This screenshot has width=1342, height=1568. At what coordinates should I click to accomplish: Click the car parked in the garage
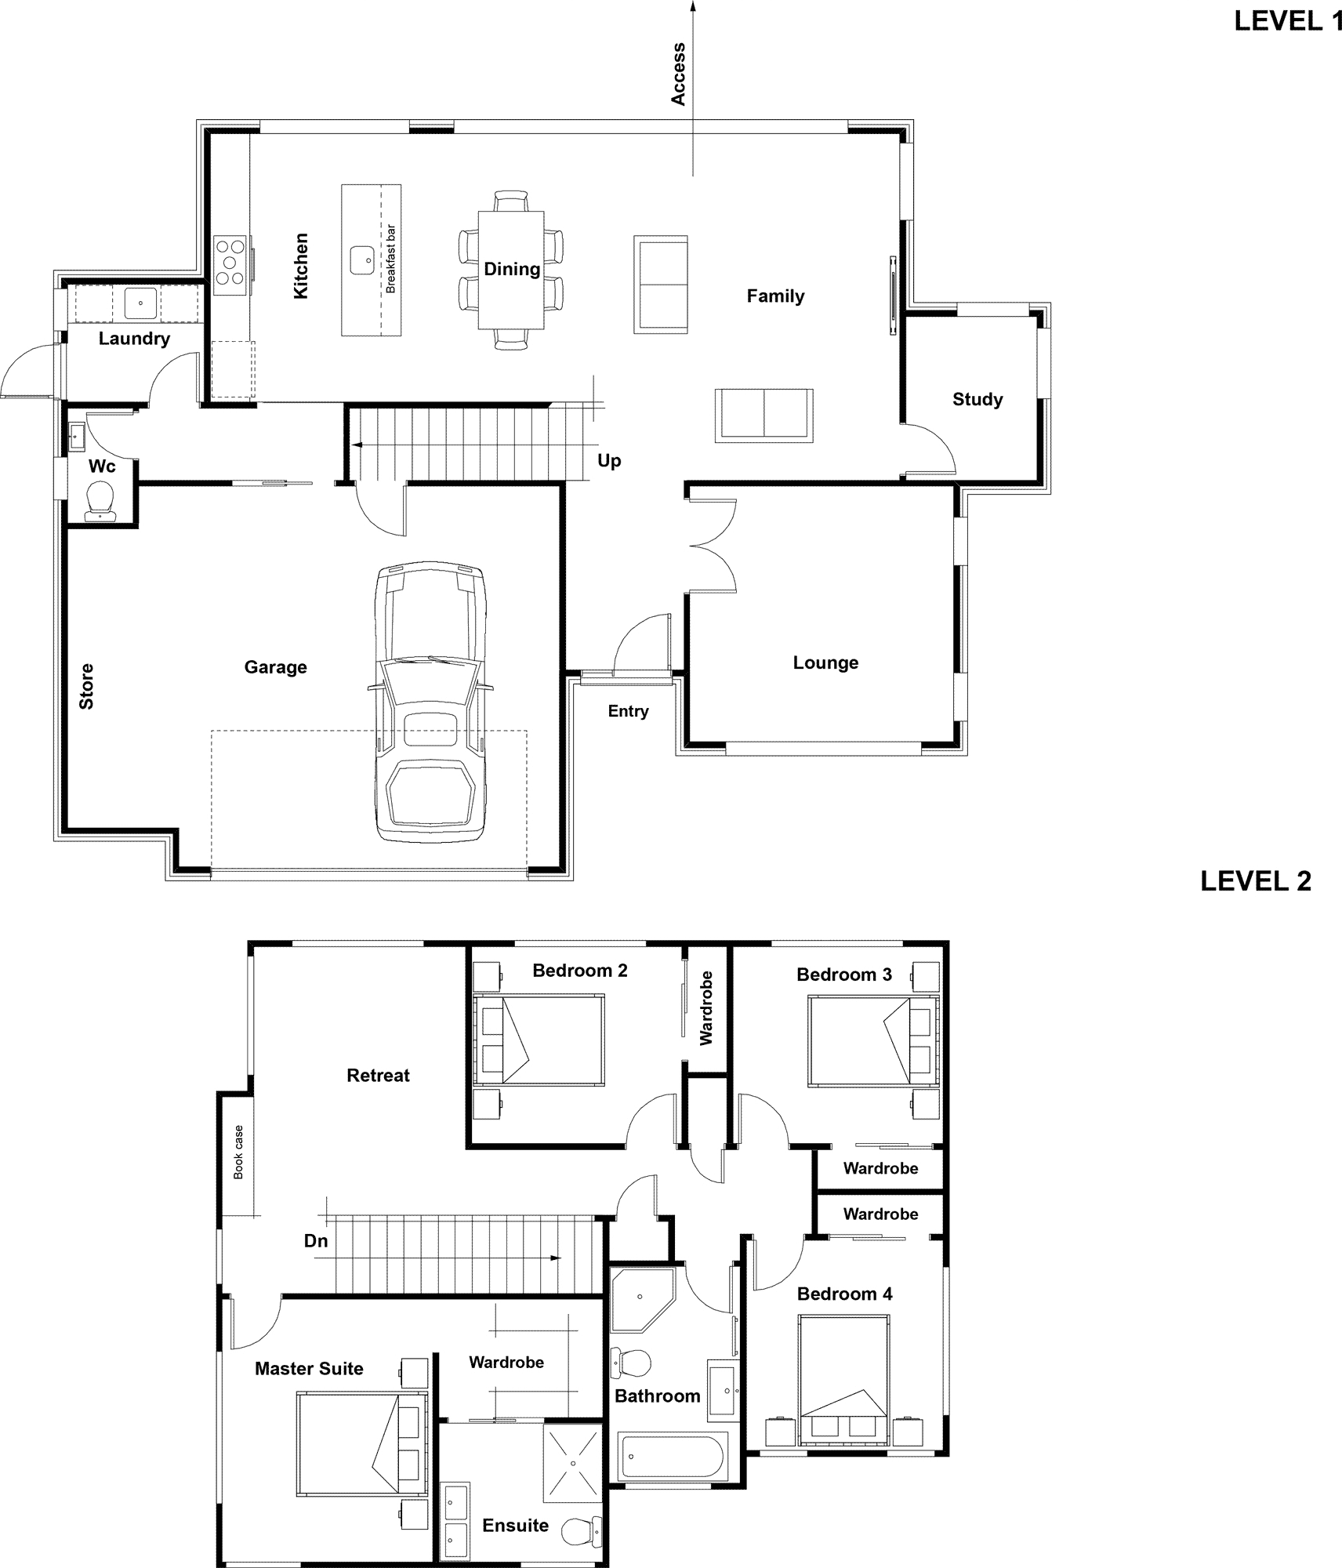[x=430, y=702]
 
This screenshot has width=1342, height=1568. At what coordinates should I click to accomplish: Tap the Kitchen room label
[x=301, y=266]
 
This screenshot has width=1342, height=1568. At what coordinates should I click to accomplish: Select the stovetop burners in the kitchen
[x=230, y=265]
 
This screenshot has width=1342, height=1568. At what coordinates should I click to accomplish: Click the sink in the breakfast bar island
[x=361, y=260]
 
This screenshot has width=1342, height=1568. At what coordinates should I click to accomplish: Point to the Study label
[x=977, y=399]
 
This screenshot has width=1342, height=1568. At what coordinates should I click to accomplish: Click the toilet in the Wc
[x=100, y=500]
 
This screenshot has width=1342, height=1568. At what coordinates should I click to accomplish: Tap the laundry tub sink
[x=140, y=303]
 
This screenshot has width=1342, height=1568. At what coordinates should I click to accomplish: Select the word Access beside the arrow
[x=678, y=74]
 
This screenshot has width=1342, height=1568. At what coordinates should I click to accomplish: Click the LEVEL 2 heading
[x=1256, y=881]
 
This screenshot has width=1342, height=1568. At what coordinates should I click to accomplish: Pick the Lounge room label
[x=825, y=662]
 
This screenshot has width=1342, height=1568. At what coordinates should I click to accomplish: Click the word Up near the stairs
[x=609, y=461]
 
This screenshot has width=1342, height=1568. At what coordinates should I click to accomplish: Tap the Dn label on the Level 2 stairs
[x=316, y=1241]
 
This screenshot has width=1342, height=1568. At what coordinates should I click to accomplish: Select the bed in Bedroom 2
[x=539, y=1040]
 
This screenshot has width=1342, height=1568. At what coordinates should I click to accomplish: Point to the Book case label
[x=238, y=1152]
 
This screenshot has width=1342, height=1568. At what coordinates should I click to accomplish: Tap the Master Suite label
[x=309, y=1369]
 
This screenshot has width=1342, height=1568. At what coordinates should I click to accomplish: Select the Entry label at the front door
[x=628, y=711]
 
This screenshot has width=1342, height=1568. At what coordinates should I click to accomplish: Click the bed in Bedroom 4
[x=844, y=1381]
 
